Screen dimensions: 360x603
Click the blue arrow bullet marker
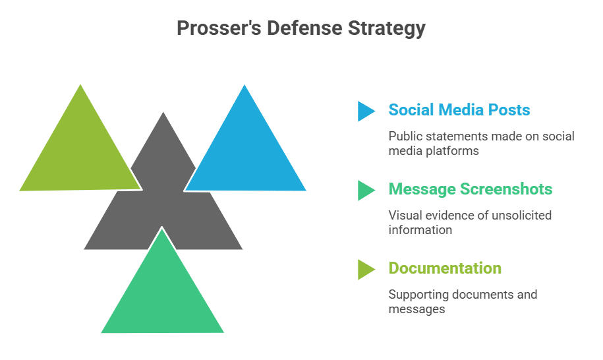pyautogui.click(x=366, y=111)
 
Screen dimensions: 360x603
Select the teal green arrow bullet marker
pyautogui.click(x=366, y=190)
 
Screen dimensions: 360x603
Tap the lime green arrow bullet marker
pyautogui.click(x=366, y=269)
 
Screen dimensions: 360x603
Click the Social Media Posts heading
pyautogui.click(x=459, y=110)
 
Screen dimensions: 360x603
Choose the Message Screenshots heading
pyautogui.click(x=470, y=189)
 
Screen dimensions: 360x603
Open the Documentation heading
pyautogui.click(x=445, y=268)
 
